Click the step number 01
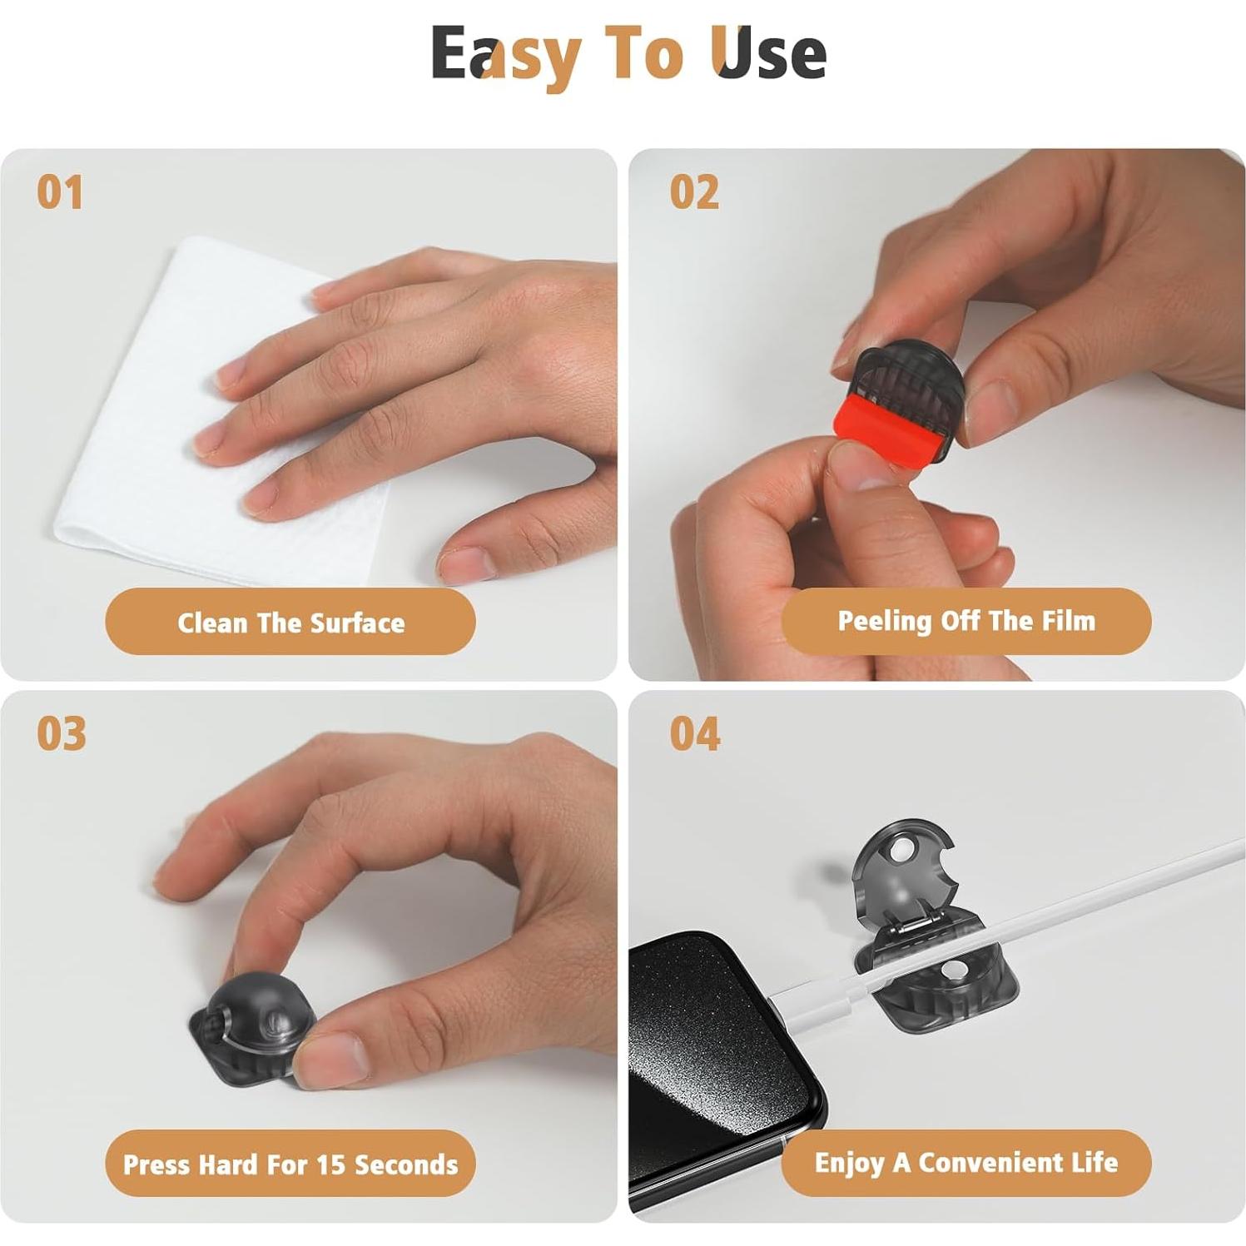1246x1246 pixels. [x=60, y=192]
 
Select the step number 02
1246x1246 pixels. [x=694, y=192]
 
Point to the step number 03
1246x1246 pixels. [x=62, y=733]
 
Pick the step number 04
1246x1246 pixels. [x=696, y=733]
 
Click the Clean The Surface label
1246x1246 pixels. [x=290, y=623]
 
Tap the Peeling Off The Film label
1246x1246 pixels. [x=966, y=621]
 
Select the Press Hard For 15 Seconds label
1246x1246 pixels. [x=290, y=1164]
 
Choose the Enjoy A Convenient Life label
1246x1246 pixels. [x=966, y=1163]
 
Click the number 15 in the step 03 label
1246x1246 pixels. [x=331, y=1164]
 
